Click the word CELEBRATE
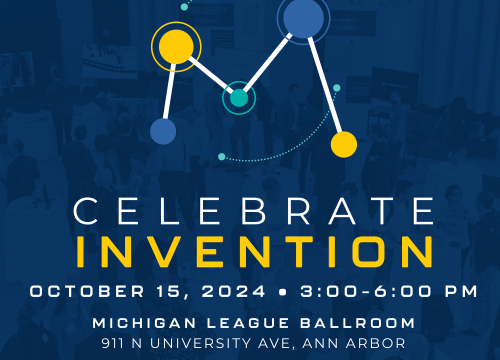point(249,212)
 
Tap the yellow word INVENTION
point(249,250)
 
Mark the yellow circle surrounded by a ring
point(176,45)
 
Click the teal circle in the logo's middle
point(239,97)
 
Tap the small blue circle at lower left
point(163,131)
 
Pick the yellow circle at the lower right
point(344,145)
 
